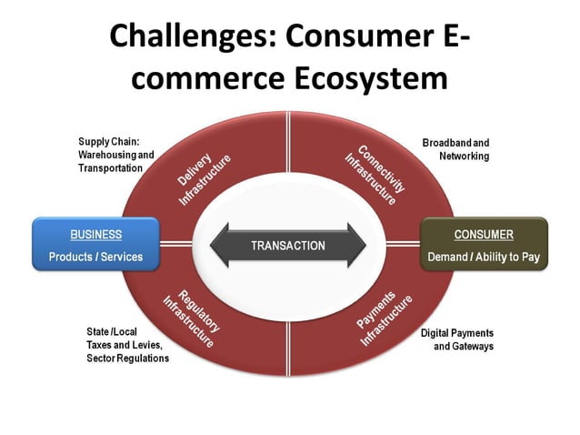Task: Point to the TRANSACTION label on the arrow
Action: click(287, 246)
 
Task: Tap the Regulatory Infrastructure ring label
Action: click(193, 319)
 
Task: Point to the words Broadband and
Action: click(455, 143)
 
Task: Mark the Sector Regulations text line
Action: click(127, 359)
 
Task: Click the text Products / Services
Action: click(95, 258)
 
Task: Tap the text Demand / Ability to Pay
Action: click(484, 258)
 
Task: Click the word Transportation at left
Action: click(110, 168)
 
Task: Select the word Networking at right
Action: click(465, 157)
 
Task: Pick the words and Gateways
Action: click(463, 347)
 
